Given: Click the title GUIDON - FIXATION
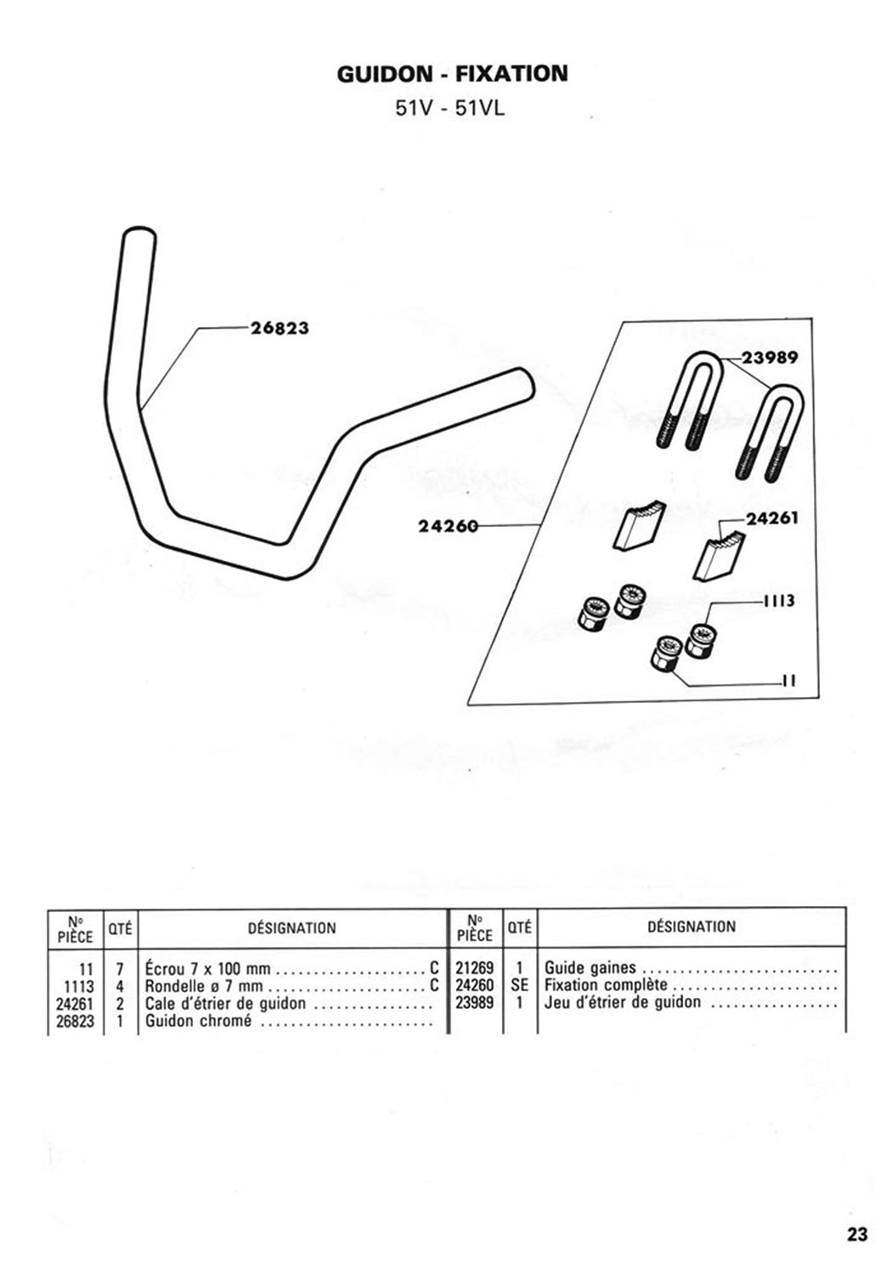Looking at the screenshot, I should click(452, 74).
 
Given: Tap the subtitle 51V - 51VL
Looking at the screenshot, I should click(450, 109).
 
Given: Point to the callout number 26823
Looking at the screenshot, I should click(279, 328).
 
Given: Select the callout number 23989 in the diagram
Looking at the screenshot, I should click(770, 357).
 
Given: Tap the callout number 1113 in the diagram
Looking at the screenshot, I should click(778, 601).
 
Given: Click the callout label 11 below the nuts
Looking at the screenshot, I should click(788, 681).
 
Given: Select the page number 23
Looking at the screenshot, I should click(857, 1233).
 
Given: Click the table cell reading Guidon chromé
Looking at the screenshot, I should click(199, 1021).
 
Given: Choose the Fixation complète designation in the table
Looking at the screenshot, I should click(606, 986).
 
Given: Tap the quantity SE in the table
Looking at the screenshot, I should click(520, 986).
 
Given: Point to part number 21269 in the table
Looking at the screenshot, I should click(474, 968).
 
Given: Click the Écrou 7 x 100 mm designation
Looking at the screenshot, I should click(208, 969).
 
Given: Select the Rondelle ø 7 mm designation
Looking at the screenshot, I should click(204, 987).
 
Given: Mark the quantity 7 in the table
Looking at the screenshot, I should click(120, 969).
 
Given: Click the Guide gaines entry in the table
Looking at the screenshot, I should click(590, 968).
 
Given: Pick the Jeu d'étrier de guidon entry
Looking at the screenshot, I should click(623, 1003).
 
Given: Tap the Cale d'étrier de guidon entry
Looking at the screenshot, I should click(225, 1004).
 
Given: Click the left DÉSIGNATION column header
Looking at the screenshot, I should click(291, 928).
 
